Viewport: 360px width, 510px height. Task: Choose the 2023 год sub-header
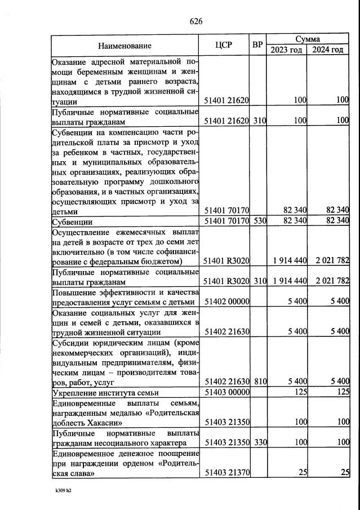[x=286, y=50]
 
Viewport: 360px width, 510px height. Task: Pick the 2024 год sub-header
[x=328, y=50]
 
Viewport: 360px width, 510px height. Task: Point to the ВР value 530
[x=259, y=220]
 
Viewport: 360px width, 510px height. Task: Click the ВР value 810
[x=259, y=382]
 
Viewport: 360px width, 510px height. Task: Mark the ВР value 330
[x=259, y=443]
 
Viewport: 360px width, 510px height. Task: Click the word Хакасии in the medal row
[x=97, y=422]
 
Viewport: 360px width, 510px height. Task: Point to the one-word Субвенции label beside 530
[x=72, y=221]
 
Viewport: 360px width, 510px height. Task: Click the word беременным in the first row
[x=107, y=72]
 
